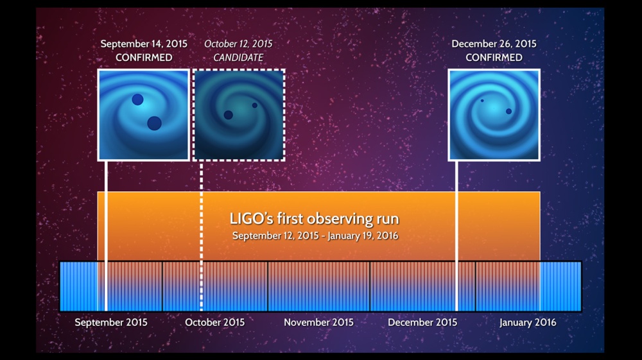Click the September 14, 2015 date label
(x=144, y=44)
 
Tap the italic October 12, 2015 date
(x=238, y=44)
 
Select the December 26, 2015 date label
(x=494, y=44)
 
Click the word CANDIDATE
(x=238, y=58)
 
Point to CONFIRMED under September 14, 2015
(x=144, y=58)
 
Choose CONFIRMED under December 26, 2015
(x=494, y=58)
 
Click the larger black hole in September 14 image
(x=154, y=123)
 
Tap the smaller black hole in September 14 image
(x=137, y=99)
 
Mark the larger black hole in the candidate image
(x=229, y=115)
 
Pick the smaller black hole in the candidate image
(x=255, y=105)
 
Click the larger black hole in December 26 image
(x=508, y=111)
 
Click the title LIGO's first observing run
(x=314, y=219)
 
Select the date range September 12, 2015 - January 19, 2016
(x=315, y=236)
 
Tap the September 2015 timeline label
(x=111, y=322)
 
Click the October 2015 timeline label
(x=214, y=322)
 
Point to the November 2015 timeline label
(x=318, y=322)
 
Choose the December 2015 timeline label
(x=422, y=322)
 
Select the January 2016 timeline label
(x=528, y=323)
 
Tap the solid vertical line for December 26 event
(x=456, y=236)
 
